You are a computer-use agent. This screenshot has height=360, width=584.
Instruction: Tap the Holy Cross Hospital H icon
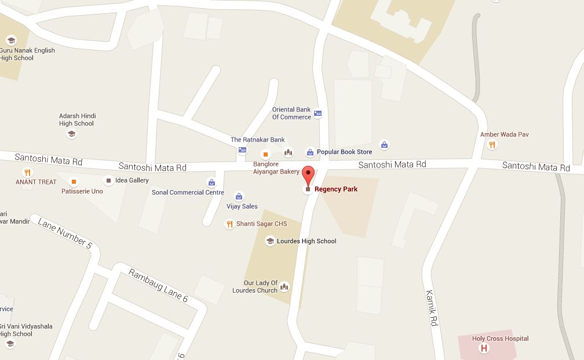(483, 348)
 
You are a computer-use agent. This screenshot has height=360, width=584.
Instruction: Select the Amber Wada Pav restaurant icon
(492, 145)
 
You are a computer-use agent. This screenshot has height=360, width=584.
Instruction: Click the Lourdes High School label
(306, 241)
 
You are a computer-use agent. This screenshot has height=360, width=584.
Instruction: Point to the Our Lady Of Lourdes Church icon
(284, 286)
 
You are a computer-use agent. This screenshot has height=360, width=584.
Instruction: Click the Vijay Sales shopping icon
(238, 197)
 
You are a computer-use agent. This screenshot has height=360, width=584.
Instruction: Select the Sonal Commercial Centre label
(188, 192)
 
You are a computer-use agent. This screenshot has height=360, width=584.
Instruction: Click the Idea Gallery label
(132, 180)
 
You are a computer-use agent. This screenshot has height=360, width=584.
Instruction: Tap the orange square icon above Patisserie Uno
(74, 181)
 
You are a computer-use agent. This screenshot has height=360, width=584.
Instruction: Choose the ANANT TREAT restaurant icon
(27, 172)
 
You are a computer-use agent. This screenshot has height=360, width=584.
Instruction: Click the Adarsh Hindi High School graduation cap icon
(71, 134)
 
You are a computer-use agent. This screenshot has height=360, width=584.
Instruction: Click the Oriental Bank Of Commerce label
(291, 113)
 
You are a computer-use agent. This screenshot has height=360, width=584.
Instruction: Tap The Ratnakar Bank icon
(242, 151)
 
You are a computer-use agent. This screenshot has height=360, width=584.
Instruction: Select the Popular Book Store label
(344, 152)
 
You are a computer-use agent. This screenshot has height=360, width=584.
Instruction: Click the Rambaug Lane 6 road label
(158, 286)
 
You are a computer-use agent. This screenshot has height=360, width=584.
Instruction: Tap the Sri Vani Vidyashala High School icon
(9, 344)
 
